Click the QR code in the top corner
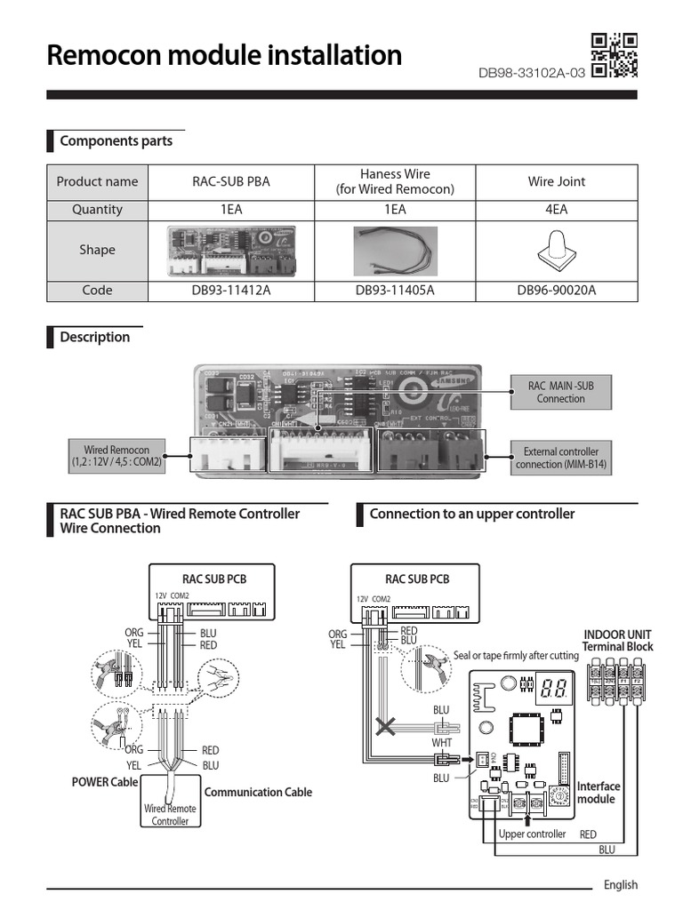tap(615, 55)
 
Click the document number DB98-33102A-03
tap(531, 73)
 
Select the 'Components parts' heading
tap(116, 141)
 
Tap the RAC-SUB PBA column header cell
tap(231, 181)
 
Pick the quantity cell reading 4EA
tap(557, 210)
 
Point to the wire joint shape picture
tap(557, 250)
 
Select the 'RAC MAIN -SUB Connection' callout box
tap(560, 392)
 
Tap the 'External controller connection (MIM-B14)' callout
tap(560, 458)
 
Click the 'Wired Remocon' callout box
tap(117, 457)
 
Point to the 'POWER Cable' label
tap(105, 782)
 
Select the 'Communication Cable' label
tap(258, 792)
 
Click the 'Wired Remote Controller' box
tap(170, 815)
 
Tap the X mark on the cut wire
tap(385, 728)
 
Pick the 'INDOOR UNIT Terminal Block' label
tap(618, 640)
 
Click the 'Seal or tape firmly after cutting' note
tap(516, 655)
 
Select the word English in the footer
tap(620, 884)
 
